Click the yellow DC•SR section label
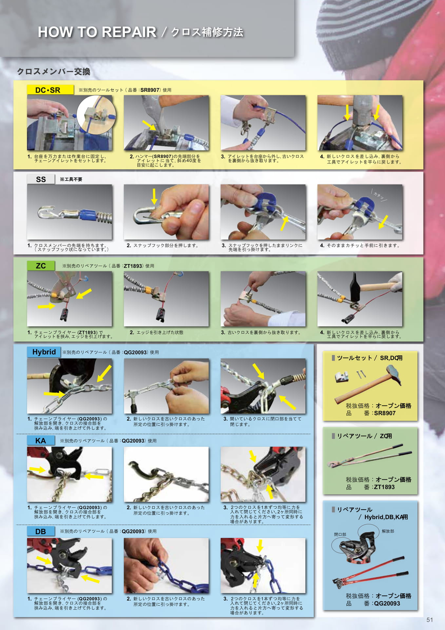50,90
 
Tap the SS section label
41,179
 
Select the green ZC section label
41,265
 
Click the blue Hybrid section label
44,352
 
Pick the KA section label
41,440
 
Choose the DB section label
41,531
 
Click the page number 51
430,620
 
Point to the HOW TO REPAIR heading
97,32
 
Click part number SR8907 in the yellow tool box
385,413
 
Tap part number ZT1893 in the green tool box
384,487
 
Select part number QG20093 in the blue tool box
387,603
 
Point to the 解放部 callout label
388,531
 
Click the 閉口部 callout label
340,535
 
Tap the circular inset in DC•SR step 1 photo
96,115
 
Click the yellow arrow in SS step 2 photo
154,196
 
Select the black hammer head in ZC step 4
355,286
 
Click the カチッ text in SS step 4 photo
379,196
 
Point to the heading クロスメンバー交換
53,72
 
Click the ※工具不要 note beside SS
71,179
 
